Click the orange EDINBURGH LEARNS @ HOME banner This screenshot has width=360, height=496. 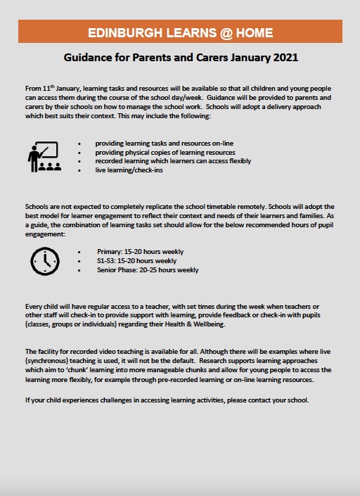[180, 32]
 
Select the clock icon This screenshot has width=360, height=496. [45, 261]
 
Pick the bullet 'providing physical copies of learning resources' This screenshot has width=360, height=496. [165, 153]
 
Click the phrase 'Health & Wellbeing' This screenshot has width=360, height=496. [192, 324]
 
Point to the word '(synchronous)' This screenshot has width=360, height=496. [49, 360]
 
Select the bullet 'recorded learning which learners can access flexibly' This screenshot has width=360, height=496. [172, 161]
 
